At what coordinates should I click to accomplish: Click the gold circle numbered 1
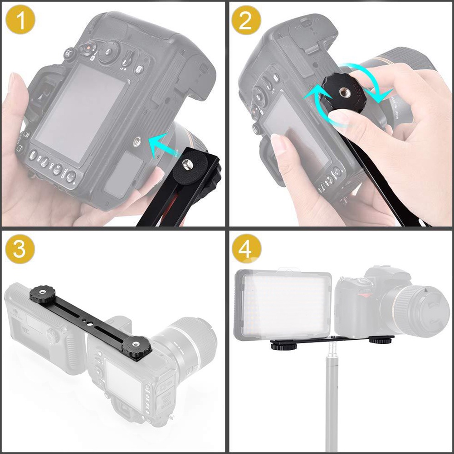[x=20, y=20]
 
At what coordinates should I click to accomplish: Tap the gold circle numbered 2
[x=246, y=20]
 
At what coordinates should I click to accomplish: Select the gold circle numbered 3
[x=20, y=249]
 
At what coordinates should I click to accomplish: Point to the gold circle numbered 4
[x=246, y=249]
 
